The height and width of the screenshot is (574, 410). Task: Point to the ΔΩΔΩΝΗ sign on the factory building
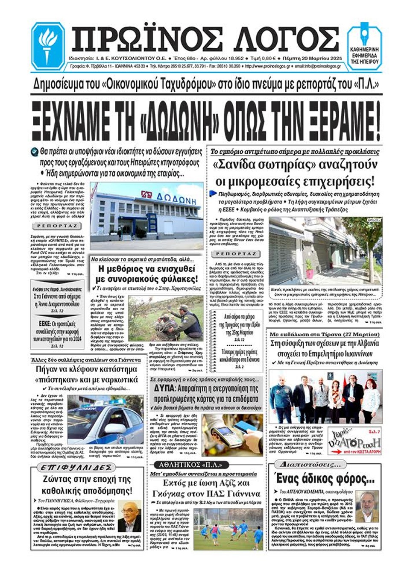point(173,199)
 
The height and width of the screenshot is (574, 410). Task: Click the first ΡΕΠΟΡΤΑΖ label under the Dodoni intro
point(57,226)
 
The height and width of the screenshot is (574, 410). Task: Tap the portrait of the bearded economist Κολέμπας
point(366,506)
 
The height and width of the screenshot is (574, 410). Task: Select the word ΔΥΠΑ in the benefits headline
point(164,389)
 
